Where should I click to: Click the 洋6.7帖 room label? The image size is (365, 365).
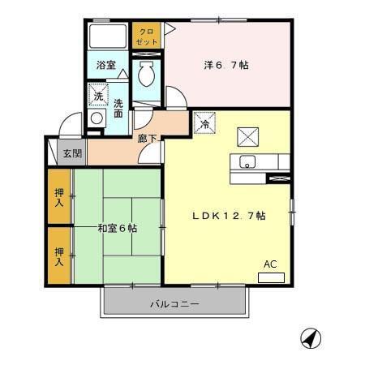[x=225, y=64]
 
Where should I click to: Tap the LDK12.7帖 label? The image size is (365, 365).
[x=229, y=216]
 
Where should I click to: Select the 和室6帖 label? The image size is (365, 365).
[x=118, y=228]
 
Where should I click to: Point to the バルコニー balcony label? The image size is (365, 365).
[x=174, y=304]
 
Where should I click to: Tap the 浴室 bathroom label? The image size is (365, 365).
[x=105, y=65]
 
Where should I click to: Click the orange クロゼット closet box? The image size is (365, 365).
[x=147, y=36]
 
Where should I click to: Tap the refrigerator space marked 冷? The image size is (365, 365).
[x=205, y=124]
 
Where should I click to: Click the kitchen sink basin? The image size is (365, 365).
[x=247, y=159]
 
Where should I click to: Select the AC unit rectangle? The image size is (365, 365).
[x=270, y=277]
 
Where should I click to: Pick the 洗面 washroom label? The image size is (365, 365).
[x=119, y=108]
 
